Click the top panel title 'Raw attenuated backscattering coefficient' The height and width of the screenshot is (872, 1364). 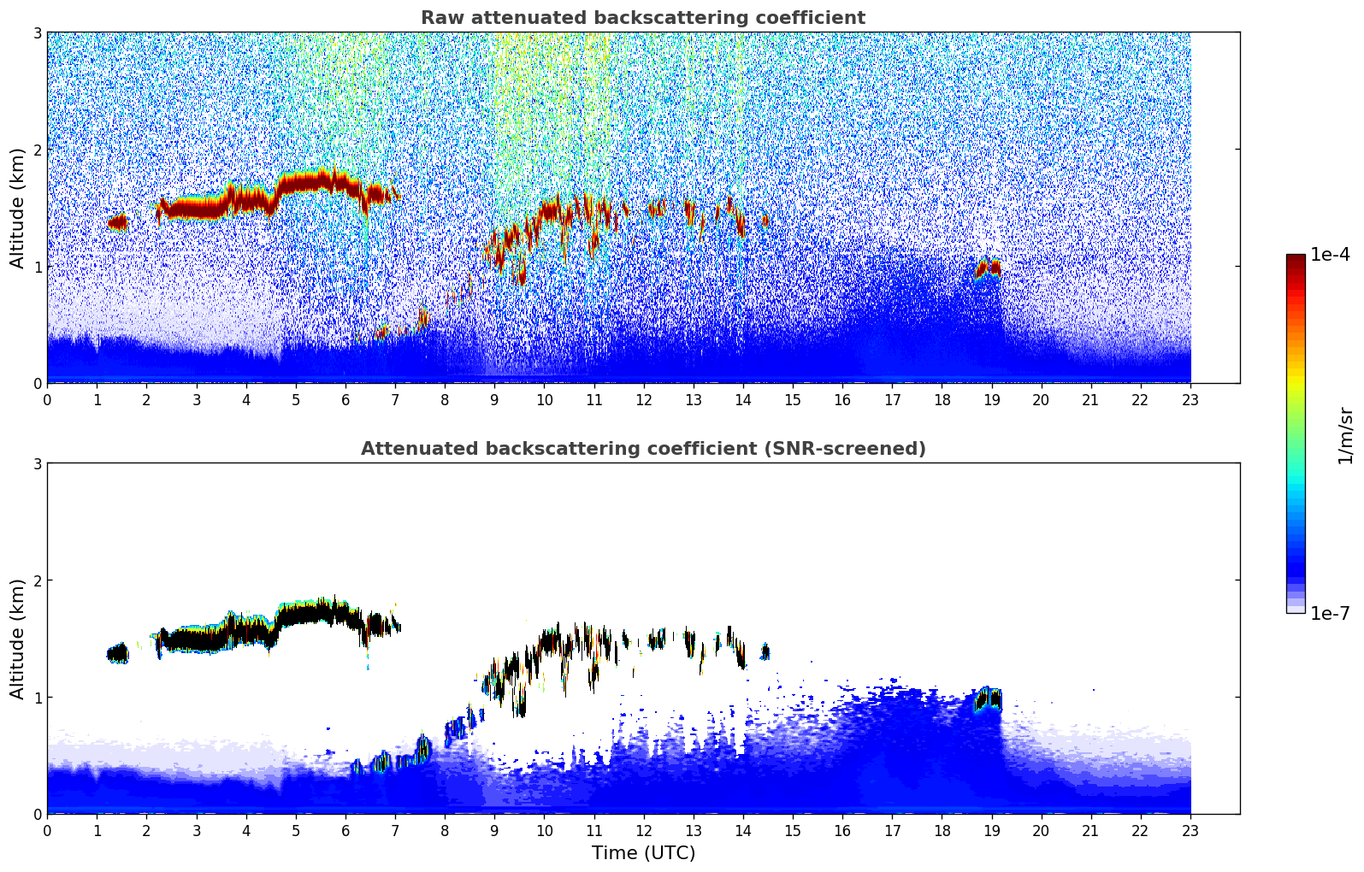click(x=642, y=18)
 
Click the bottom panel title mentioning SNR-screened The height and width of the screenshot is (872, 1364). click(x=642, y=449)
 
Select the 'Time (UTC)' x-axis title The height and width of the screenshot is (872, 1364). click(x=643, y=853)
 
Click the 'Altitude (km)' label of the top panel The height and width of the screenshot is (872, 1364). click(x=17, y=208)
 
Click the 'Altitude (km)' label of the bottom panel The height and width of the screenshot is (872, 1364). click(x=17, y=639)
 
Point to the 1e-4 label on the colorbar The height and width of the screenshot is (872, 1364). click(x=1330, y=255)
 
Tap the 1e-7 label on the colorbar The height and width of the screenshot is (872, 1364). click(x=1330, y=613)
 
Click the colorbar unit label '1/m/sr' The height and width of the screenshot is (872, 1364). click(x=1345, y=435)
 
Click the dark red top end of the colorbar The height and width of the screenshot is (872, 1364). click(x=1295, y=258)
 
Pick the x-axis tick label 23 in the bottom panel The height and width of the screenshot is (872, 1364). click(x=1190, y=831)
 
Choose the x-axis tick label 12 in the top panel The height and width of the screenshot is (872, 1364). click(x=643, y=400)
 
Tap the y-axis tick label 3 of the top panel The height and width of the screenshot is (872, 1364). click(x=38, y=32)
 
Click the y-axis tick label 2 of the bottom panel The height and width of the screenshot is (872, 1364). click(x=38, y=580)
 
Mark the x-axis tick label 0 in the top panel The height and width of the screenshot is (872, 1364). click(x=47, y=400)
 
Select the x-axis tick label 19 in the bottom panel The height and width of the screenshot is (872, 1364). click(x=991, y=831)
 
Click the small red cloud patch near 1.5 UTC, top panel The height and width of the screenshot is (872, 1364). click(x=118, y=223)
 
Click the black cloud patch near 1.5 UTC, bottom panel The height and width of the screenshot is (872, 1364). click(x=118, y=654)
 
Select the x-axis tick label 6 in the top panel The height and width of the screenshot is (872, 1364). click(x=345, y=400)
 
